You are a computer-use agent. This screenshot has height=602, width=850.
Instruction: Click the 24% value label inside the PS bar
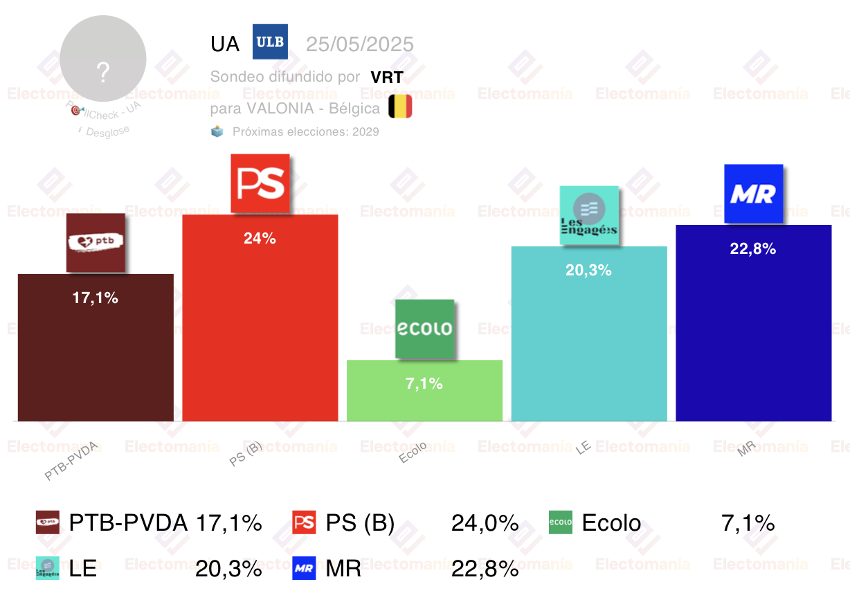[260, 239]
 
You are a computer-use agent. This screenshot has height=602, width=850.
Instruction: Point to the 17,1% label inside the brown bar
[96, 298]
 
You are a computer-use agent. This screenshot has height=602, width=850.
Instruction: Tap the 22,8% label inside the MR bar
[753, 249]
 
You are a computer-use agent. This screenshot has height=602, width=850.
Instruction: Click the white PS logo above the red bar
[260, 183]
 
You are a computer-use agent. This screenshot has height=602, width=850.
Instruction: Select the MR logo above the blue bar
[753, 194]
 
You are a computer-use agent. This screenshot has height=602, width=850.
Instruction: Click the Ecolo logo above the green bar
[424, 329]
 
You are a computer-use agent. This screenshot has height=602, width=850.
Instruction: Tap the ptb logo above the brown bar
[96, 242]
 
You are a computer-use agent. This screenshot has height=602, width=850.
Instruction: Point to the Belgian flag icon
[400, 107]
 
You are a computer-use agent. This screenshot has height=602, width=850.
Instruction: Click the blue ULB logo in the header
[270, 42]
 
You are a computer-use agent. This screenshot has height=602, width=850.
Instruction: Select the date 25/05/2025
[360, 44]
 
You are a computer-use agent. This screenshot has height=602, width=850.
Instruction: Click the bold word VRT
[386, 77]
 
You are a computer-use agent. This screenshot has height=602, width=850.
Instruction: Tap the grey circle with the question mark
[103, 59]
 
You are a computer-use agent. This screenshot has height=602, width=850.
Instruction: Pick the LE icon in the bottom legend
[47, 568]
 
